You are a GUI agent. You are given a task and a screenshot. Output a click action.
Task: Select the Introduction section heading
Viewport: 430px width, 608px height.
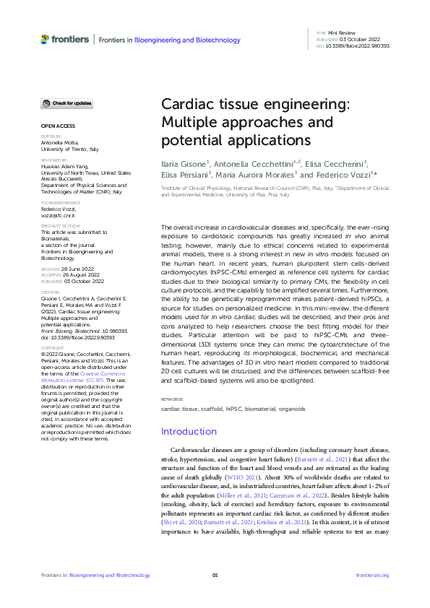188,432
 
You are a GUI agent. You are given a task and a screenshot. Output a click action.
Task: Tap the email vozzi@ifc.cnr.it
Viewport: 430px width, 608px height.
59,216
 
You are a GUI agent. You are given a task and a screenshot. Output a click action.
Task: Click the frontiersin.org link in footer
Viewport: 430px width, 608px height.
373,575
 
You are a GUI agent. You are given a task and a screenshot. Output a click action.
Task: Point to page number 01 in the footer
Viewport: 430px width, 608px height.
215,575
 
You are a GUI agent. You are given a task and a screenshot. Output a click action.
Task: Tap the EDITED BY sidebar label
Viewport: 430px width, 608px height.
51,136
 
